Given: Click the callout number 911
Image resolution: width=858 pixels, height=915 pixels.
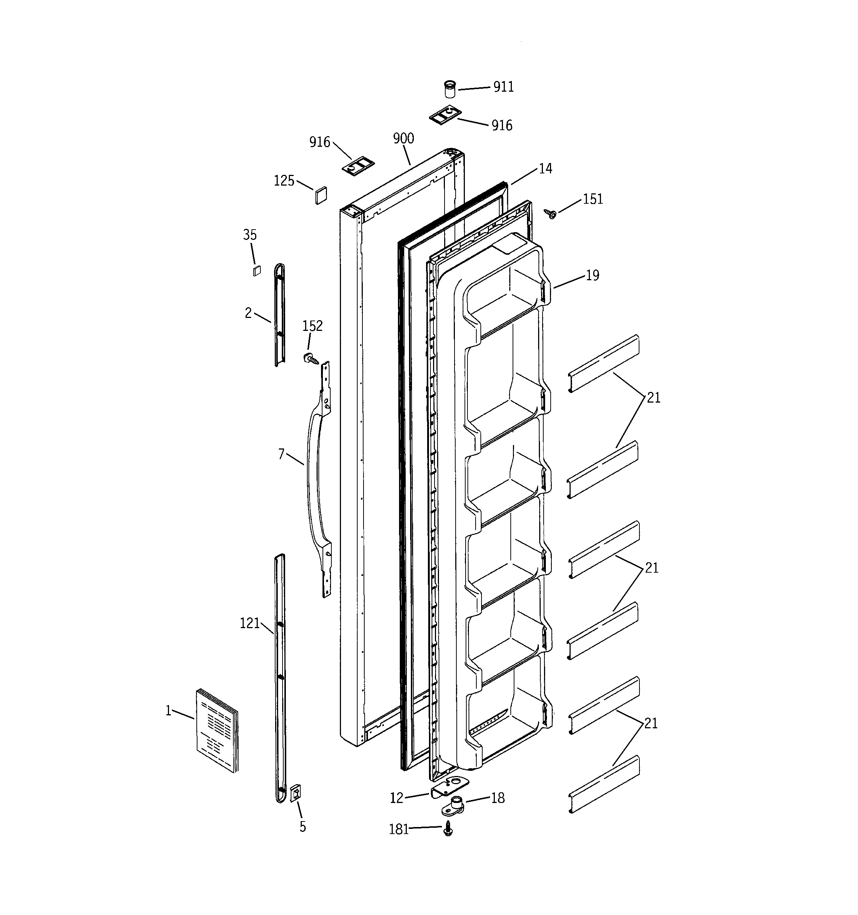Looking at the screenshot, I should [503, 87].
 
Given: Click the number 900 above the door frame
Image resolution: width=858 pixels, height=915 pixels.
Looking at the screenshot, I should [403, 139].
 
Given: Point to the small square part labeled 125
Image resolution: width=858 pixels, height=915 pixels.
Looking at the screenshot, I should [321, 195].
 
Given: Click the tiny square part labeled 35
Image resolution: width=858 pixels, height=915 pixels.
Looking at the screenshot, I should [257, 271].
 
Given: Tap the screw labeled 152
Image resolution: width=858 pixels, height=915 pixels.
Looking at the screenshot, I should [310, 358].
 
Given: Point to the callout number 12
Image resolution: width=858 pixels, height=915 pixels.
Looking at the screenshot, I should [396, 798].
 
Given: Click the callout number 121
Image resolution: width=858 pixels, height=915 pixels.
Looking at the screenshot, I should [250, 623].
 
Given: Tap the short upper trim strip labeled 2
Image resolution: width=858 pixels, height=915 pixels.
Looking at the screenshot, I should [280, 315].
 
